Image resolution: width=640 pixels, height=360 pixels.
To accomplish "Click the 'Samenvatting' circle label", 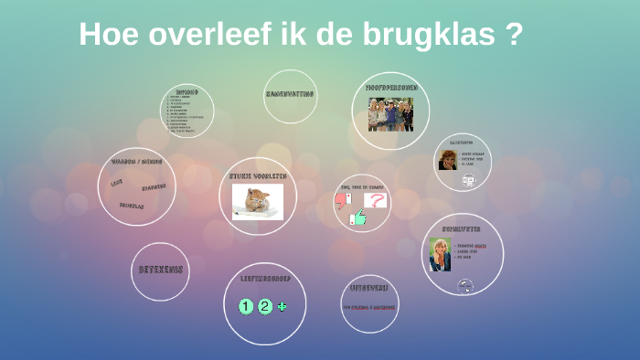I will pyautogui.click(x=291, y=93).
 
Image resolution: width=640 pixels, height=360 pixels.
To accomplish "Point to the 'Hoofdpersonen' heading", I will pyautogui.click(x=391, y=88).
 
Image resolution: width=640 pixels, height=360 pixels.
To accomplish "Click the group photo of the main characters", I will pyautogui.click(x=390, y=114).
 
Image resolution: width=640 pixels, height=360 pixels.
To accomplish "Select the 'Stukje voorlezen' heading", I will pyautogui.click(x=258, y=175).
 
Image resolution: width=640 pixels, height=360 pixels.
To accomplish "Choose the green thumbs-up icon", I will pyautogui.click(x=358, y=218).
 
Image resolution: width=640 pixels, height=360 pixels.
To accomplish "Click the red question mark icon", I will pyautogui.click(x=375, y=200).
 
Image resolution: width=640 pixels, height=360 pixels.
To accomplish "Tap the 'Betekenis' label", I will pyautogui.click(x=161, y=270).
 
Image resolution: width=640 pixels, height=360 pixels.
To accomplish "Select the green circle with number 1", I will pyautogui.click(x=245, y=306).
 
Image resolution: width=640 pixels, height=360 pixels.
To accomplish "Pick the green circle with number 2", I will pyautogui.click(x=265, y=306).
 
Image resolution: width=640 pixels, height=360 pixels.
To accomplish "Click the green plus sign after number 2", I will pyautogui.click(x=282, y=306).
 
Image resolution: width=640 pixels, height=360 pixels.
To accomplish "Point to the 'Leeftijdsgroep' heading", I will pyautogui.click(x=264, y=277).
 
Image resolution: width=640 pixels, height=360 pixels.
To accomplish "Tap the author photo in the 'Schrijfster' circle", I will pyautogui.click(x=441, y=254).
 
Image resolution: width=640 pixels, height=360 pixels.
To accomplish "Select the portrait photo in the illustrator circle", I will pyautogui.click(x=448, y=160).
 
